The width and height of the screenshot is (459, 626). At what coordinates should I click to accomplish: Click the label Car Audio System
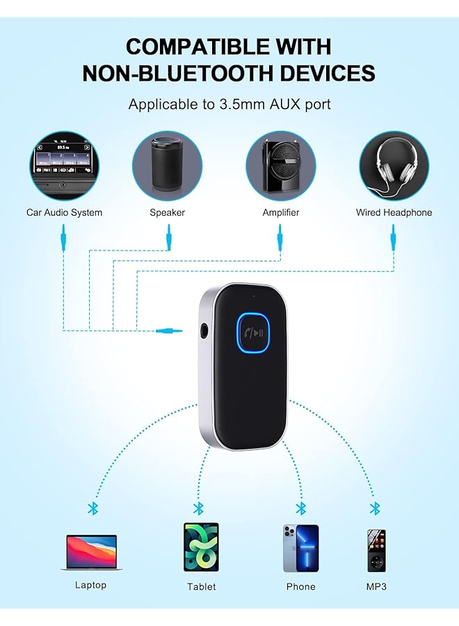click(x=64, y=213)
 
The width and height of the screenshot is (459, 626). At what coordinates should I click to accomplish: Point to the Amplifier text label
click(x=281, y=213)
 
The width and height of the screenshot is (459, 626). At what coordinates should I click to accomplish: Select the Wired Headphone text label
click(x=394, y=213)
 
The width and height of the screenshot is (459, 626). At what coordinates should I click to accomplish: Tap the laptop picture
click(x=92, y=552)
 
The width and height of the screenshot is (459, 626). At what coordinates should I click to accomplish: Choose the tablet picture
click(x=201, y=547)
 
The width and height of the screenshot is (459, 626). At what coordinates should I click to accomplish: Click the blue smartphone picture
click(x=300, y=548)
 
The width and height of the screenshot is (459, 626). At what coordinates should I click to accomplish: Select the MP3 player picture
click(x=376, y=551)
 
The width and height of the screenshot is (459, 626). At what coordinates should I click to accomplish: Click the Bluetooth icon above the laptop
click(x=92, y=508)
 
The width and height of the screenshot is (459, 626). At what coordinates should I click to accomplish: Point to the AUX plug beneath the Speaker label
click(x=168, y=239)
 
